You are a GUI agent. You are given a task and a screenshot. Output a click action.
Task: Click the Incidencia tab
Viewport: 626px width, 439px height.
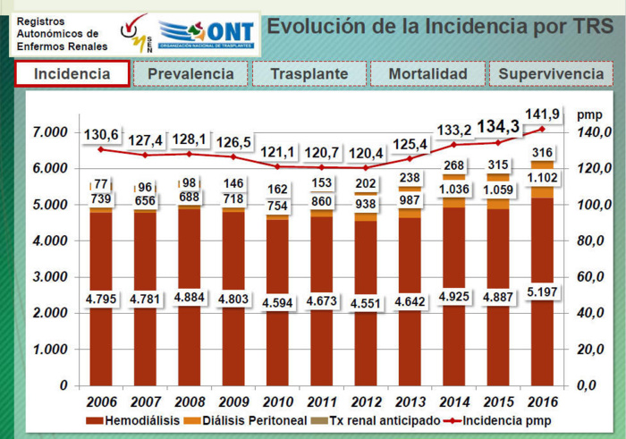tap(72, 74)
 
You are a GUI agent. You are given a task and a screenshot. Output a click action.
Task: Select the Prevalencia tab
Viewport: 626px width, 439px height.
tap(190, 74)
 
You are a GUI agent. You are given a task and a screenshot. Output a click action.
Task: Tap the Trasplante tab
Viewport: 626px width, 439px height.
tap(308, 74)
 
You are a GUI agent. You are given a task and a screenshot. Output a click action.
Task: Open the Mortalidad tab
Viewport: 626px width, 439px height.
tap(427, 74)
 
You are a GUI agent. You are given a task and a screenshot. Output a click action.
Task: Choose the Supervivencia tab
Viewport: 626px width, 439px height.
tap(550, 74)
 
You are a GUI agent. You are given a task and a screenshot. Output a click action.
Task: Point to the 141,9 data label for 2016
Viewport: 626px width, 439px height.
tap(542, 114)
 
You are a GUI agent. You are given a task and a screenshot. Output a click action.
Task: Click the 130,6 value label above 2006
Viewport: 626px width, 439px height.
tap(102, 135)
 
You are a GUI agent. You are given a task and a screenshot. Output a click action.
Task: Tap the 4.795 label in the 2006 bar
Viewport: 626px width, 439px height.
tap(102, 299)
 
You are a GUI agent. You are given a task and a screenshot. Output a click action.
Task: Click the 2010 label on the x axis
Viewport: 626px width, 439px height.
tap(278, 402)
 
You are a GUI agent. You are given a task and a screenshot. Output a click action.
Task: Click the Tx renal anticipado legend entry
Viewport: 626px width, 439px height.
tap(381, 420)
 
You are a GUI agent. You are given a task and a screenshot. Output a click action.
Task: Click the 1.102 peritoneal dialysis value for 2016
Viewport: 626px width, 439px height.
tap(542, 178)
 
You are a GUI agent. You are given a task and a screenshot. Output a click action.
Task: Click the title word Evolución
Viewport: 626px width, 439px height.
tap(311, 26)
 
